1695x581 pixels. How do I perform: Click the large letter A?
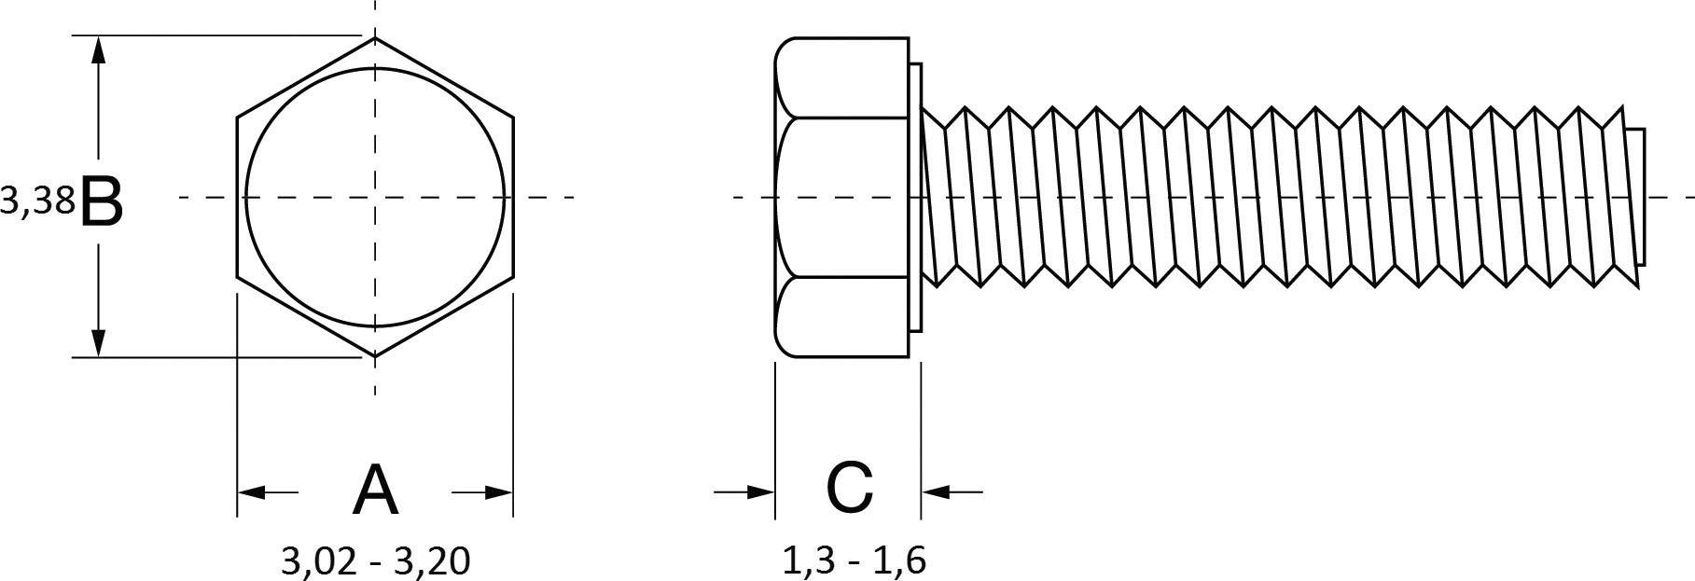(375, 491)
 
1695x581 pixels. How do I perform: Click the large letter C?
(849, 488)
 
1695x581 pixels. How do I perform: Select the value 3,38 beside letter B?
(37, 201)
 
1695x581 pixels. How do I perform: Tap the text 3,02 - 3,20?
(375, 560)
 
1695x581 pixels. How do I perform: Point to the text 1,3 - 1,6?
(853, 560)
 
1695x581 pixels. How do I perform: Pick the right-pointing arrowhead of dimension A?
(498, 491)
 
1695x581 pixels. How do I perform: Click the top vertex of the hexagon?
(375, 38)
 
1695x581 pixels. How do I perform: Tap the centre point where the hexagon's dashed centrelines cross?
(375, 198)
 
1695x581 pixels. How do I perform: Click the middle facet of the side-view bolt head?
(841, 197)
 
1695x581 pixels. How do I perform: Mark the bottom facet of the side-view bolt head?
(841, 317)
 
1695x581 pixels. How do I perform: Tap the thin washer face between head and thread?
(915, 197)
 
